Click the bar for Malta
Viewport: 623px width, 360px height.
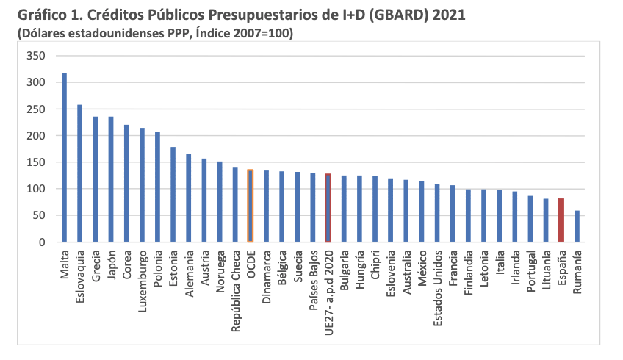65,158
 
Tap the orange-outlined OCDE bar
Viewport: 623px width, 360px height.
250,206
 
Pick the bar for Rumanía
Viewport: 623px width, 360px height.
577,226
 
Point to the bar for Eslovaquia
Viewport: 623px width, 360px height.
80,173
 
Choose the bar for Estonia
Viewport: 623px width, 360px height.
173,195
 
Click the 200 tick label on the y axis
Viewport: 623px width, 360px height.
36,136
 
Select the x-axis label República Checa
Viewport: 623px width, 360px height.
235,291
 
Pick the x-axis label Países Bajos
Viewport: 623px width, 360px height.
312,281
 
